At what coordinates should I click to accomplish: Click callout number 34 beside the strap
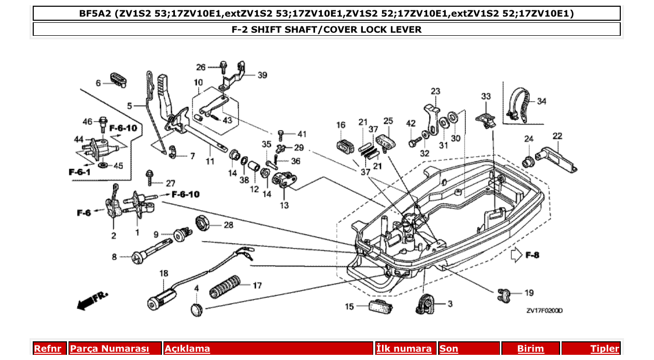[x=541, y=102]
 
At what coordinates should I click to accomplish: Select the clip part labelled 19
[x=504, y=294]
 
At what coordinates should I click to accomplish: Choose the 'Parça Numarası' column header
[x=110, y=349]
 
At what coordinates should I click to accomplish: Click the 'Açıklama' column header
[x=187, y=349]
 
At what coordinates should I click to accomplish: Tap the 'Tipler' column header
[x=605, y=349]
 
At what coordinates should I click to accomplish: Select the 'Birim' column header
[x=530, y=349]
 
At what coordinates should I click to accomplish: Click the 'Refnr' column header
[x=48, y=349]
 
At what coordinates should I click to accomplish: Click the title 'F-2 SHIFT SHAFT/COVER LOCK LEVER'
[x=326, y=30]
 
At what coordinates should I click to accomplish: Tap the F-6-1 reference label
[x=79, y=172]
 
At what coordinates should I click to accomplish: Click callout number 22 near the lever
[x=557, y=136]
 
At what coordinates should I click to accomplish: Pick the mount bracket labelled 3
[x=425, y=303]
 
